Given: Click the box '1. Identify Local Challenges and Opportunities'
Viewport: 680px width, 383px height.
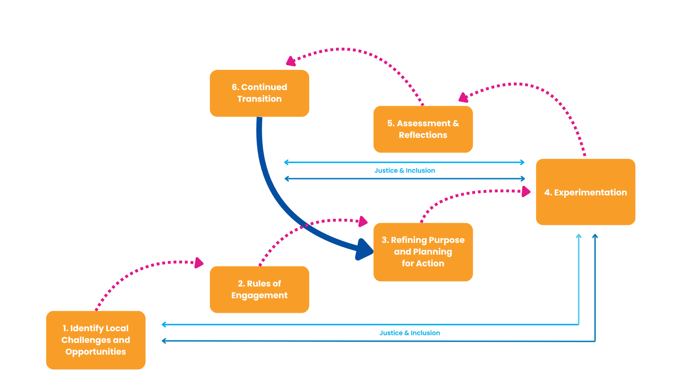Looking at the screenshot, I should (x=96, y=340).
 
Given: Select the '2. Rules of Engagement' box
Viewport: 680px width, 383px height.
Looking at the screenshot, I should (x=259, y=289).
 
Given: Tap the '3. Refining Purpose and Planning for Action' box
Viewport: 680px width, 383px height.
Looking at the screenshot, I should (x=423, y=252).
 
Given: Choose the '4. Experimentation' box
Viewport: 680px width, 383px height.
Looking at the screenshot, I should (x=585, y=192).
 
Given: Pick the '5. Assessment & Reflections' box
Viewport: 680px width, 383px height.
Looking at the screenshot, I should (x=423, y=129).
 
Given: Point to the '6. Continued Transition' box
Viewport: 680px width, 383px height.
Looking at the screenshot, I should (x=259, y=93).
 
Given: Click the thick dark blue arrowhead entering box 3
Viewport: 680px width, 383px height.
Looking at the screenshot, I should (x=364, y=249).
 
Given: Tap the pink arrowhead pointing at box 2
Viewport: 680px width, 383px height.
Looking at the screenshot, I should (x=199, y=263).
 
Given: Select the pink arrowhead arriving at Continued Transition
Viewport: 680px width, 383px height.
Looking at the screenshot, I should (x=291, y=61).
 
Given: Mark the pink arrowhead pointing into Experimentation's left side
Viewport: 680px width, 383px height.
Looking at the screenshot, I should (x=526, y=191).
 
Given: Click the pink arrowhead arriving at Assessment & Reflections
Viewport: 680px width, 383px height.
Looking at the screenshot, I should (x=463, y=97).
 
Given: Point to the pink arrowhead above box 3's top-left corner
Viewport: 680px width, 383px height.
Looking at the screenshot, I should (x=362, y=222).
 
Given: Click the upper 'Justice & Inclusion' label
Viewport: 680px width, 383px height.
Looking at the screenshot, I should (x=405, y=171).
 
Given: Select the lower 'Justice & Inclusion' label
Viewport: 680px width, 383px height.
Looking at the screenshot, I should (x=409, y=333).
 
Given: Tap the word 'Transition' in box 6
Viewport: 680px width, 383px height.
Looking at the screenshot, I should (x=259, y=99).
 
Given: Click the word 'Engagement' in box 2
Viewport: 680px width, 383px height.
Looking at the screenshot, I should (x=259, y=295).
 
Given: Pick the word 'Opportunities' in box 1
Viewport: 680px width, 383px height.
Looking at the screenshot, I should (x=96, y=351).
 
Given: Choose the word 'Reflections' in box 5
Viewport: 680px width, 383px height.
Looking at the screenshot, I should (x=423, y=135).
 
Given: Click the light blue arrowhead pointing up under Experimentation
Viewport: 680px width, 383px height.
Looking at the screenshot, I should (x=578, y=237).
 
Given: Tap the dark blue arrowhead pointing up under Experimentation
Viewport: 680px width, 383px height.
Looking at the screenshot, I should (x=595, y=237).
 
